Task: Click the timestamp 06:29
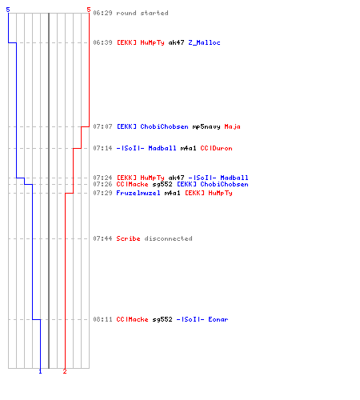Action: [x=102, y=13]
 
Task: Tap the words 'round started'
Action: [x=142, y=13]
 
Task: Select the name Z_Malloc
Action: [x=204, y=42]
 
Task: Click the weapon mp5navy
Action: [x=206, y=126]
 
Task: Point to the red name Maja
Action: [x=232, y=126]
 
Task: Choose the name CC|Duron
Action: [x=216, y=148]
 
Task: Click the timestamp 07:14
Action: [x=102, y=148]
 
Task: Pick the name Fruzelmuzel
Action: [x=138, y=193]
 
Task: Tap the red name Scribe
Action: [x=128, y=238]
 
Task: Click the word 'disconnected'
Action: [x=168, y=238]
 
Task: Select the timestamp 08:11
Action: [x=102, y=319]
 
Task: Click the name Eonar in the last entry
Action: [x=218, y=319]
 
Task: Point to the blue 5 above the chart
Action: [x=8, y=10]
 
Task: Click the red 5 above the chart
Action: [x=89, y=10]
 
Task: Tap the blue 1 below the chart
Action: [x=40, y=371]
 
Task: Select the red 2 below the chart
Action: [x=65, y=371]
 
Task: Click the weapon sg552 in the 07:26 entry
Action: [x=162, y=184]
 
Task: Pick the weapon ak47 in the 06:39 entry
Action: [x=176, y=42]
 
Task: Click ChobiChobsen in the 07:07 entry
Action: [x=164, y=126]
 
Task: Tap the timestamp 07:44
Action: [x=102, y=238]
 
